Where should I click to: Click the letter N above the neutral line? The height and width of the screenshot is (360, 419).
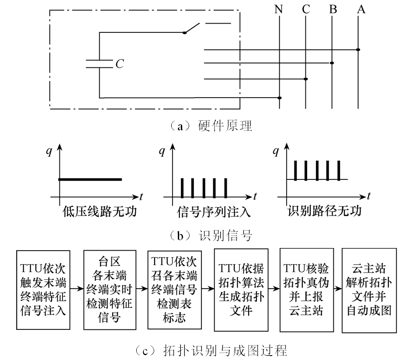pos(278,9)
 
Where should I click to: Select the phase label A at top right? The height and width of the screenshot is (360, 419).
pos(360,9)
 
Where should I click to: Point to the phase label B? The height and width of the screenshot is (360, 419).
pos(333,9)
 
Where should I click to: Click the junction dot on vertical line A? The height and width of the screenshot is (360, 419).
pos(358,49)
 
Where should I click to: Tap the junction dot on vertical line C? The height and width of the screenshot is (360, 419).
pos(306,79)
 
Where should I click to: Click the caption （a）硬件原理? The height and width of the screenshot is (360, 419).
pos(208,126)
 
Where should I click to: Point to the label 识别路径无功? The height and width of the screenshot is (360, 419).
pos(325,211)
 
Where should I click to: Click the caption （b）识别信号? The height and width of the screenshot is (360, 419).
pos(208,236)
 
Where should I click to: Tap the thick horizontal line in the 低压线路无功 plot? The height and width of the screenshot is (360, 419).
pos(90,179)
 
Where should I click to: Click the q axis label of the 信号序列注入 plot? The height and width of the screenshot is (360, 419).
pos(162,151)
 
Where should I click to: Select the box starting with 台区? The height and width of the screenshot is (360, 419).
pos(109,290)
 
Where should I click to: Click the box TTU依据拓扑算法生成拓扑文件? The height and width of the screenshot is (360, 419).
pos(241,290)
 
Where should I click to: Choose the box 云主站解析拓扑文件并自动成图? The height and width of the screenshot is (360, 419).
pos(369,290)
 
